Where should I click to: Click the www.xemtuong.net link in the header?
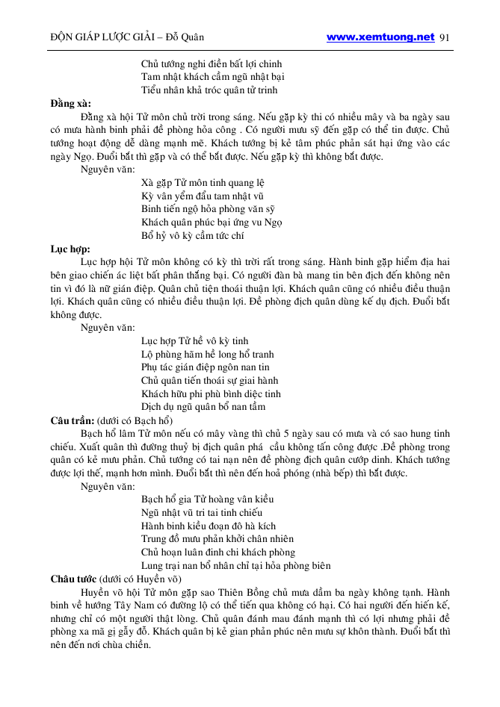click(380, 37)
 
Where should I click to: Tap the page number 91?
click(446, 37)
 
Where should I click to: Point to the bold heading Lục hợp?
click(70, 249)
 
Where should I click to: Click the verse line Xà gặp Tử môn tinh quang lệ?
click(202, 183)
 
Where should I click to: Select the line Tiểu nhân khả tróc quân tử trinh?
click(209, 90)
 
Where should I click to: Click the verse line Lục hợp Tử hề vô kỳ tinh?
click(194, 341)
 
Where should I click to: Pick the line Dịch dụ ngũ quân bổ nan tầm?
click(203, 407)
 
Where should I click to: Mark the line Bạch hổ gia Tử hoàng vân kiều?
click(208, 499)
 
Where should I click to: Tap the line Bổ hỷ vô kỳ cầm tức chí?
click(193, 236)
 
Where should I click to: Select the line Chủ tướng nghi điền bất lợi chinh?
click(211, 64)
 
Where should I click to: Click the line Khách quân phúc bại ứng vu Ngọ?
click(212, 222)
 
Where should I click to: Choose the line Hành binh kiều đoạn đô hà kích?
click(209, 526)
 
